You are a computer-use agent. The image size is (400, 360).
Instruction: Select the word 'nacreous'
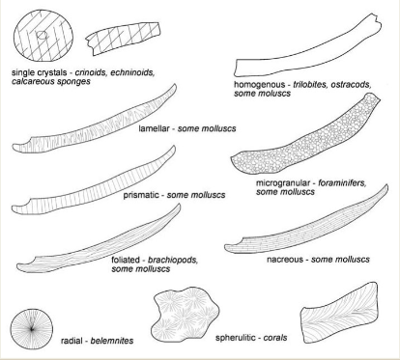(x=275, y=260)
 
